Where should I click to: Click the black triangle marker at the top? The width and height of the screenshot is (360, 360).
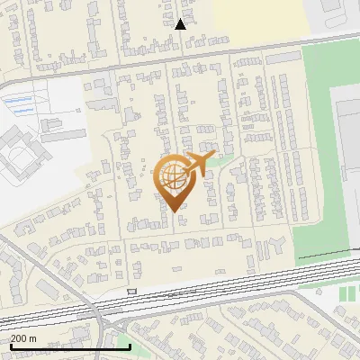point(180,24)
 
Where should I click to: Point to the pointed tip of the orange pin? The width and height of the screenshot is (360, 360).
point(172,211)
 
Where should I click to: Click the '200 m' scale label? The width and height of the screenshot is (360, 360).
point(23,337)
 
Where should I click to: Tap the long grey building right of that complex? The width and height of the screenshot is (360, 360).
point(64,135)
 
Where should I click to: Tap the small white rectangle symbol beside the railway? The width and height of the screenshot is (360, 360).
point(132,291)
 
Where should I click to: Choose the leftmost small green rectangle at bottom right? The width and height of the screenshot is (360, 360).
point(341,294)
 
